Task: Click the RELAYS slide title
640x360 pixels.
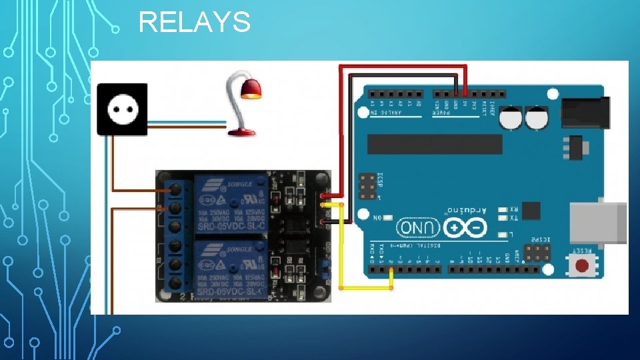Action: point(194,23)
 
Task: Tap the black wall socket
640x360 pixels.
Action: point(123,109)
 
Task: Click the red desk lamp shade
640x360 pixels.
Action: point(251,88)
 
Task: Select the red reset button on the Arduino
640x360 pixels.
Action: point(582,265)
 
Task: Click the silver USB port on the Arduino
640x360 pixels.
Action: point(600,221)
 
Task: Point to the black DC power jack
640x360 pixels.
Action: point(585,113)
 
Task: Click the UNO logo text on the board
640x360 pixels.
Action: point(419,227)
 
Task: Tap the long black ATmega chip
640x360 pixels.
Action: point(434,143)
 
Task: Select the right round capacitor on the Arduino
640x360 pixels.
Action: point(536,118)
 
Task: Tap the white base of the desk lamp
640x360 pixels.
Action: point(241,132)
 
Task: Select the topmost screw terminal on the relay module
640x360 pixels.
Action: point(175,190)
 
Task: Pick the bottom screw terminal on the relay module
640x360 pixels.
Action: point(175,283)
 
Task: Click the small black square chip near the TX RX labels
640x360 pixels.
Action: point(531,211)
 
